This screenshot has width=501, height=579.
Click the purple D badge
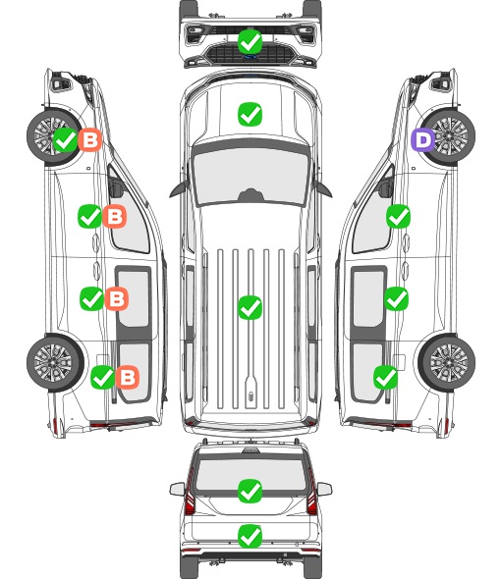click(x=423, y=140)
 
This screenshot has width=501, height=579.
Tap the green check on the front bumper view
click(x=250, y=41)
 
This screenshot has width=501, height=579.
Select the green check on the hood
click(x=250, y=114)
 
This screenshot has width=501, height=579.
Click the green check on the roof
click(x=250, y=307)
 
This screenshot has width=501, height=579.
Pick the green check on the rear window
click(x=250, y=491)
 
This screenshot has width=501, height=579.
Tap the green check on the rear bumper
click(x=250, y=536)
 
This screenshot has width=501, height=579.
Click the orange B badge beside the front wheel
click(x=89, y=140)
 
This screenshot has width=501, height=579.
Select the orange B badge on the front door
click(x=115, y=216)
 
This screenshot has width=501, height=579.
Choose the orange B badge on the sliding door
click(x=117, y=298)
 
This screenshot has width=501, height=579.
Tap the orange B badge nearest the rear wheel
click(x=128, y=378)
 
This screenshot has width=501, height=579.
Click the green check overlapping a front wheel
click(x=65, y=140)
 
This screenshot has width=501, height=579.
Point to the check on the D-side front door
click(x=398, y=216)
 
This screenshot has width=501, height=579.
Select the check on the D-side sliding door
click(x=396, y=298)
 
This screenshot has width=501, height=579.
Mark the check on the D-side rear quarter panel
click(x=385, y=378)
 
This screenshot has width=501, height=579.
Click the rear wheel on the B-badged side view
click(x=55, y=363)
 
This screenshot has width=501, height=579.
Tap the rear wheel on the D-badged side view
click(x=447, y=363)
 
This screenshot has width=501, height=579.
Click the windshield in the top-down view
click(x=250, y=175)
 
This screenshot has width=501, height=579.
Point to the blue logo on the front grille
click(x=250, y=57)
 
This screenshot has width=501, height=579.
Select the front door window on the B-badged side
click(x=129, y=214)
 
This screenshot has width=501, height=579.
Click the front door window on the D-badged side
click(x=372, y=214)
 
